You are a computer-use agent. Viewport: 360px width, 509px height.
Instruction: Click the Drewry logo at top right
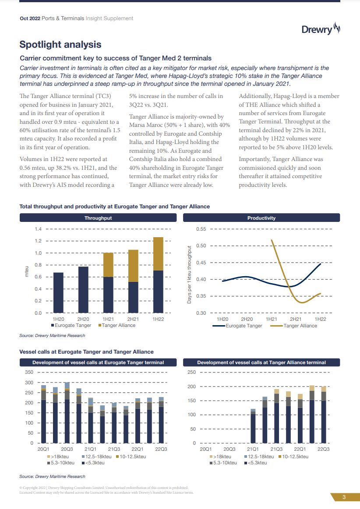[321, 29]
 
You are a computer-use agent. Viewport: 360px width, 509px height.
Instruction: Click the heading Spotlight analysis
[60, 45]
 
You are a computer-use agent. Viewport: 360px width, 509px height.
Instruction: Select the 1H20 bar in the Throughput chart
[58, 293]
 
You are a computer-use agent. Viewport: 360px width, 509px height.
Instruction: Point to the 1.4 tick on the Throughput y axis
[38, 229]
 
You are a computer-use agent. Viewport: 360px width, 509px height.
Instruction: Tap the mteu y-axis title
[26, 271]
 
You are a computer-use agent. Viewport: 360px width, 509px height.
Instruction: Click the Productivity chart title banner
[261, 218]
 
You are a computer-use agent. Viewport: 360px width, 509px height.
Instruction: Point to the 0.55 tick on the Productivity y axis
[201, 229]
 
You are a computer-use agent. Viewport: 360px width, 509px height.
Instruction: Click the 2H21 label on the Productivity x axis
[296, 319]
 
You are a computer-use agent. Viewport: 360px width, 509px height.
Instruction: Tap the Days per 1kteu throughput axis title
[190, 275]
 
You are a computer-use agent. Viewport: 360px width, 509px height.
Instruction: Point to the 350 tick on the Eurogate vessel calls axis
[29, 372]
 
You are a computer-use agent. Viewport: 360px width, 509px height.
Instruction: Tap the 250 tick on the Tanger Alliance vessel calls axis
[191, 372]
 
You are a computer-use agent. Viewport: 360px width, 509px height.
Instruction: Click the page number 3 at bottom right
[344, 497]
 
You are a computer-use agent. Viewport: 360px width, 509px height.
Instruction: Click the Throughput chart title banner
[98, 218]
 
